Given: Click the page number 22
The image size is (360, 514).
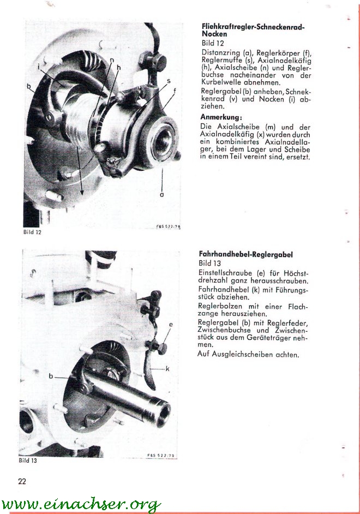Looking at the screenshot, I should pyautogui.click(x=22, y=481).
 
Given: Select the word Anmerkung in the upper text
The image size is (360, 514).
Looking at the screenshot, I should pyautogui.click(x=221, y=116).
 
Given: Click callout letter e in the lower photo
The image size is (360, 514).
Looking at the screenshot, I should pyautogui.click(x=171, y=325).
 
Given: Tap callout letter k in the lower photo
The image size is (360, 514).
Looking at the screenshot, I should pyautogui.click(x=167, y=369).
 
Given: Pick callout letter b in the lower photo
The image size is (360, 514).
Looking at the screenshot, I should pyautogui.click(x=51, y=376).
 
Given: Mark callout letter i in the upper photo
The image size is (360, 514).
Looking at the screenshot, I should pyautogui.click(x=39, y=67).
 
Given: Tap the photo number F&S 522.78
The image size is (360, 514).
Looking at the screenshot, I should pyautogui.click(x=167, y=226).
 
